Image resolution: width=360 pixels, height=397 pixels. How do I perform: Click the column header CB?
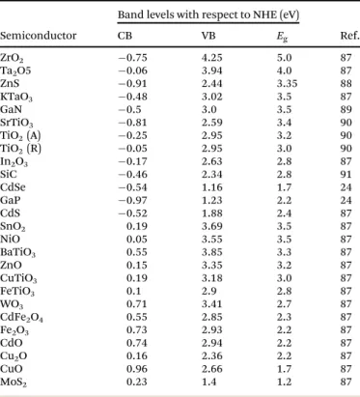(x=125, y=35)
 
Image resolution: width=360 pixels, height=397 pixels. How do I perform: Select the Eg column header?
(x=282, y=37)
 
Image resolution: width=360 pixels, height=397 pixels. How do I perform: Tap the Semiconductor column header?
(x=39, y=35)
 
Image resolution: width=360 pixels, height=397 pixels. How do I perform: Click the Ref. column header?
(x=349, y=35)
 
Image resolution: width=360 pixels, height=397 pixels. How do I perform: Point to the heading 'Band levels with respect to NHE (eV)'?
(x=208, y=14)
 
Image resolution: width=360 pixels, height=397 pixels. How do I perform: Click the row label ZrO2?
(x=12, y=58)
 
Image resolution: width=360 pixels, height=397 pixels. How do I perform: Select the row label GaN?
(x=11, y=109)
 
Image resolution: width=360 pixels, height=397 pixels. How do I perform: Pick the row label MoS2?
(x=14, y=383)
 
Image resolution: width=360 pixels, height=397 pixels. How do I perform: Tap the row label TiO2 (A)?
(x=20, y=135)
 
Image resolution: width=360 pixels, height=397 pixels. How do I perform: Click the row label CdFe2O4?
(x=21, y=318)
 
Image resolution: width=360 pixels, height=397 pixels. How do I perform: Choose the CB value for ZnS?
(x=132, y=83)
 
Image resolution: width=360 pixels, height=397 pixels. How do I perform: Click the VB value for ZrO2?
(x=211, y=58)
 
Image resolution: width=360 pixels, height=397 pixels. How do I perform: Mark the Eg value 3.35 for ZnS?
(x=287, y=83)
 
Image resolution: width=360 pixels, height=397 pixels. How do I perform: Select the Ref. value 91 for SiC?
(x=346, y=174)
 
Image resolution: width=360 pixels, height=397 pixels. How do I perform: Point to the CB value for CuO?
(x=137, y=369)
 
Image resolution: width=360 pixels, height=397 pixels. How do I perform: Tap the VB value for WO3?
(x=211, y=304)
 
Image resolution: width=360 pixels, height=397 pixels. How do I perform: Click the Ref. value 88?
(x=346, y=83)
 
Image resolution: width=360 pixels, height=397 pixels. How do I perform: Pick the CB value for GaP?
(x=132, y=200)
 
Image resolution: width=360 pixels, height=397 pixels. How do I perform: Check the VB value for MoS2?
(x=209, y=382)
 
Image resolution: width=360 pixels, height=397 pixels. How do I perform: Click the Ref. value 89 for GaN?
(x=346, y=109)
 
